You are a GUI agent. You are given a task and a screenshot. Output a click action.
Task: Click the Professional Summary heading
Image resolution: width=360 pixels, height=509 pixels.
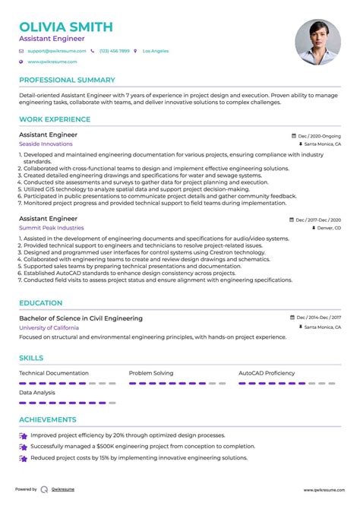click(x=67, y=80)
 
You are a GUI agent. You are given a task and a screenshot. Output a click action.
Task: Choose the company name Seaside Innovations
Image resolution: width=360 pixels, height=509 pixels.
click(x=46, y=144)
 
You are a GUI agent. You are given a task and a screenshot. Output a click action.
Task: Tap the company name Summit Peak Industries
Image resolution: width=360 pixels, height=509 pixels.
click(x=52, y=228)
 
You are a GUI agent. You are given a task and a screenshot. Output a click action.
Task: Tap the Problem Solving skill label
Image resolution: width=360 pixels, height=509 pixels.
click(x=151, y=374)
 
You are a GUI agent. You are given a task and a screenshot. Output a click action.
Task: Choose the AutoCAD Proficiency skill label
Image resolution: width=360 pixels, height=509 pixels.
click(x=267, y=374)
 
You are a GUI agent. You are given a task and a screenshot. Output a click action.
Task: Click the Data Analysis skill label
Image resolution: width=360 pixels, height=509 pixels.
click(x=36, y=393)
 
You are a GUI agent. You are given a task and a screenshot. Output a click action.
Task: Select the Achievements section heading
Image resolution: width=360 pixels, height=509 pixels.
click(x=48, y=419)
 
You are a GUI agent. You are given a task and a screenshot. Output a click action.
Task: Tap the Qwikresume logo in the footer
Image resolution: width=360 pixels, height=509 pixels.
click(x=45, y=490)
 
